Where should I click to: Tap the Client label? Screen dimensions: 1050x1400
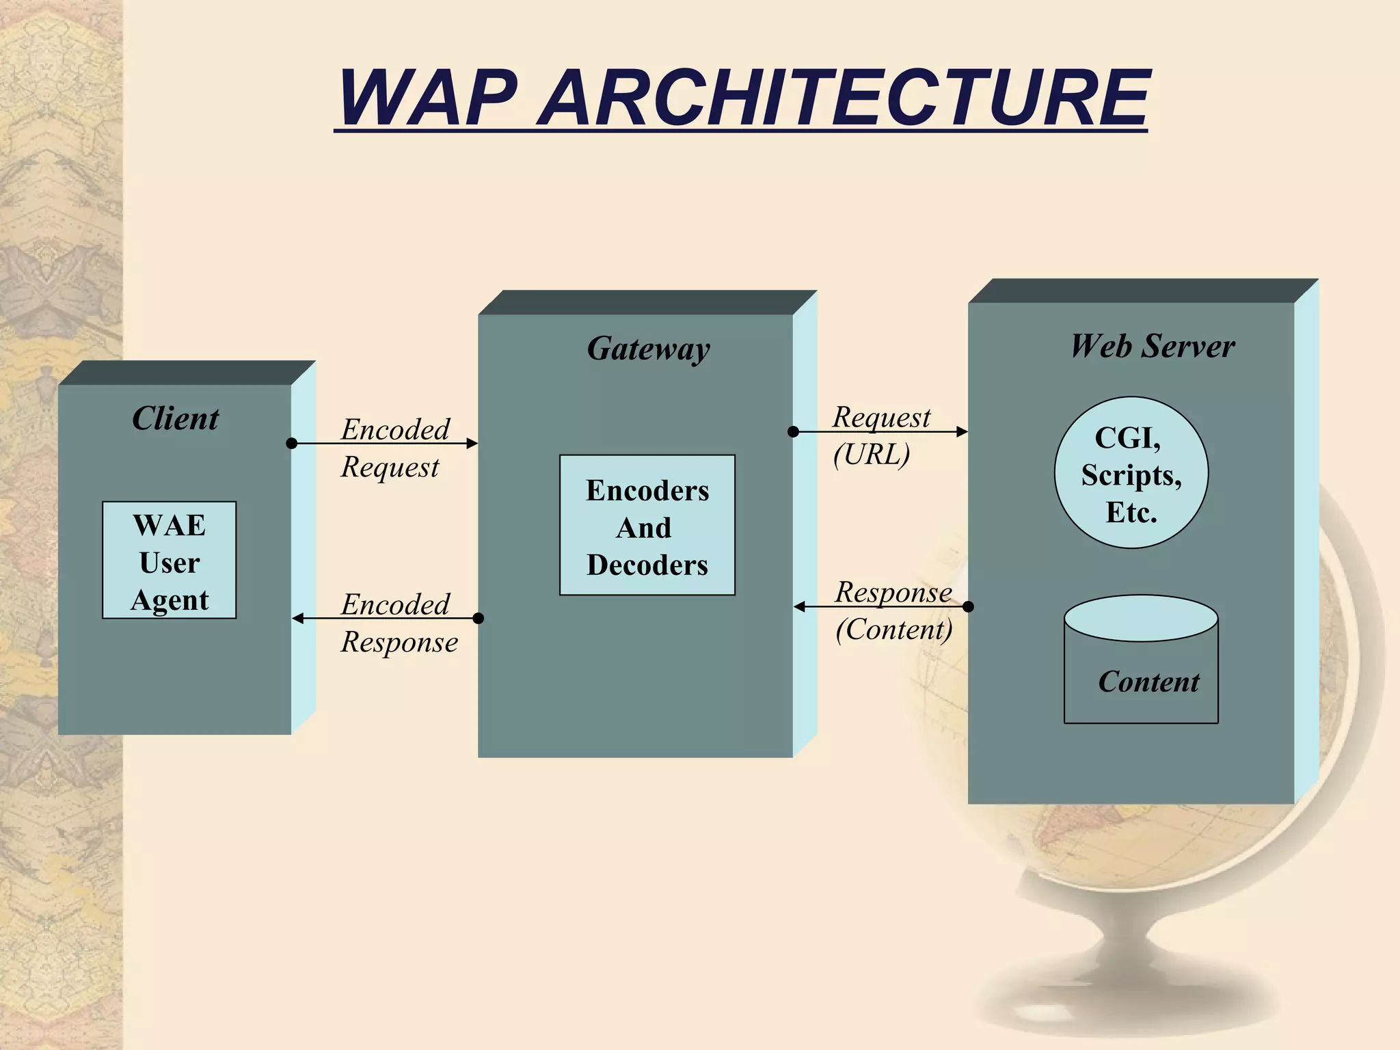tap(175, 418)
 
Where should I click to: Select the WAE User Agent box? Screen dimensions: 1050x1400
tap(170, 561)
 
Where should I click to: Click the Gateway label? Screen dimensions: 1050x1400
tap(648, 349)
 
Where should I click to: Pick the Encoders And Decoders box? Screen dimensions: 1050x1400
tap(647, 525)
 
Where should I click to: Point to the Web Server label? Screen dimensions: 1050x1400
tap(1153, 346)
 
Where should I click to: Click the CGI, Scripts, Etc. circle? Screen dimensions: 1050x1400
tap(1131, 473)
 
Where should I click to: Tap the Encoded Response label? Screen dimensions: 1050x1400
tap(399, 623)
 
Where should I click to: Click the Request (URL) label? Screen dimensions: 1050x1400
tap(880, 436)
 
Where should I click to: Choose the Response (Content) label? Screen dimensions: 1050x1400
tap(893, 610)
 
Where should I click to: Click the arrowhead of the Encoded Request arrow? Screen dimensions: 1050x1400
tap(472, 444)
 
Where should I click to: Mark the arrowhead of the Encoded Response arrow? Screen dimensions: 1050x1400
tap(298, 619)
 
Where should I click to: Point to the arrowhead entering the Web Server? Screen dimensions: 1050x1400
tap(962, 431)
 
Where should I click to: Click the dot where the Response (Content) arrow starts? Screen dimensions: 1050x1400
tap(968, 606)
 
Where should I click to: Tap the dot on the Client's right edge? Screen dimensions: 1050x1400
tap(291, 444)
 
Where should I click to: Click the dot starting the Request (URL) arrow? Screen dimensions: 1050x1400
tap(793, 431)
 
